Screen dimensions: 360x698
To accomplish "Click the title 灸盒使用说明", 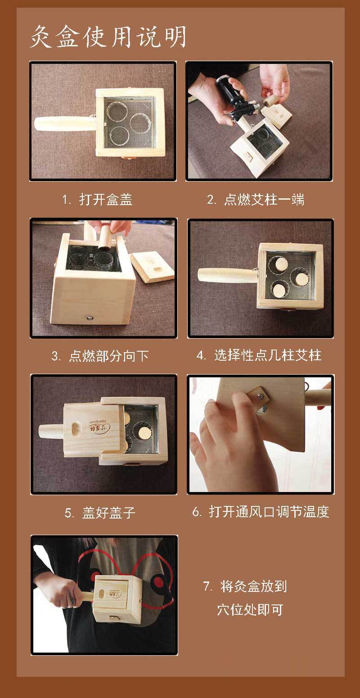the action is (x=108, y=37).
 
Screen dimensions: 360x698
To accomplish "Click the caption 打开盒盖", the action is (x=106, y=199).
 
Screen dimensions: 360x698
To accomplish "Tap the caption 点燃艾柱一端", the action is (x=264, y=199).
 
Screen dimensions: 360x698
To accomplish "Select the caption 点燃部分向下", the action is (x=108, y=356).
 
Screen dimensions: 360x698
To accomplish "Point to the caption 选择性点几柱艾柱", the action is (x=267, y=355).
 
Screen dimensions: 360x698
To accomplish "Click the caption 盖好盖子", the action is (x=108, y=513).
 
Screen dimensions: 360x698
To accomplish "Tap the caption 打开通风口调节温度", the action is (x=269, y=512).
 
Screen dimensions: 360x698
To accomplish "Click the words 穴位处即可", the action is (x=250, y=609).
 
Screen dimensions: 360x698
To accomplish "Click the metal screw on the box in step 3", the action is (x=90, y=318).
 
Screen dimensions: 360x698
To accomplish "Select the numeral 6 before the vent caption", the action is (x=196, y=512).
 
